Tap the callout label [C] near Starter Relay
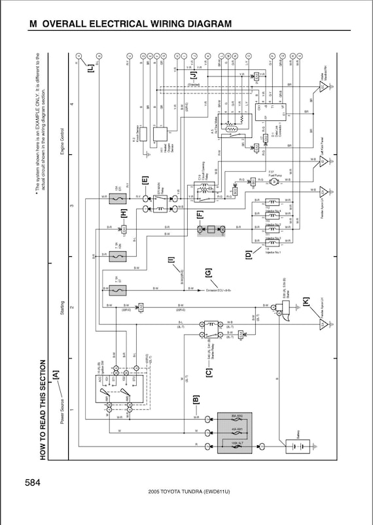(208, 373)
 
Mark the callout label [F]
(200, 212)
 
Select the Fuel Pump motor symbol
(274, 181)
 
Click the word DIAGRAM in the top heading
(202, 24)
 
